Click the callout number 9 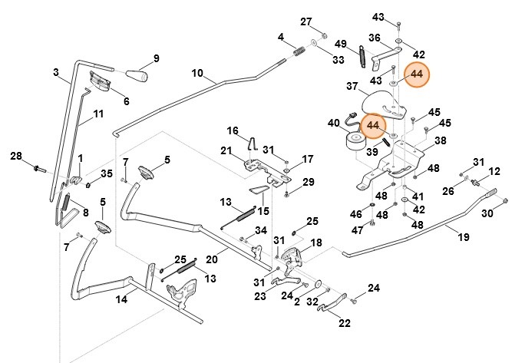[x=156, y=58]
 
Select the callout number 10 [x=197, y=74]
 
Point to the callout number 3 [x=56, y=73]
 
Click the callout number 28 [x=16, y=157]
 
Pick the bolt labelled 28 [x=38, y=167]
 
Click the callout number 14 [x=121, y=300]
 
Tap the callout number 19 [x=464, y=239]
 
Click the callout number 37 [x=352, y=86]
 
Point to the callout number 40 [x=333, y=123]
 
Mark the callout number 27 [x=306, y=21]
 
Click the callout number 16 [x=233, y=130]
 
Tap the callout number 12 [x=494, y=171]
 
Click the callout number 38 [x=440, y=141]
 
